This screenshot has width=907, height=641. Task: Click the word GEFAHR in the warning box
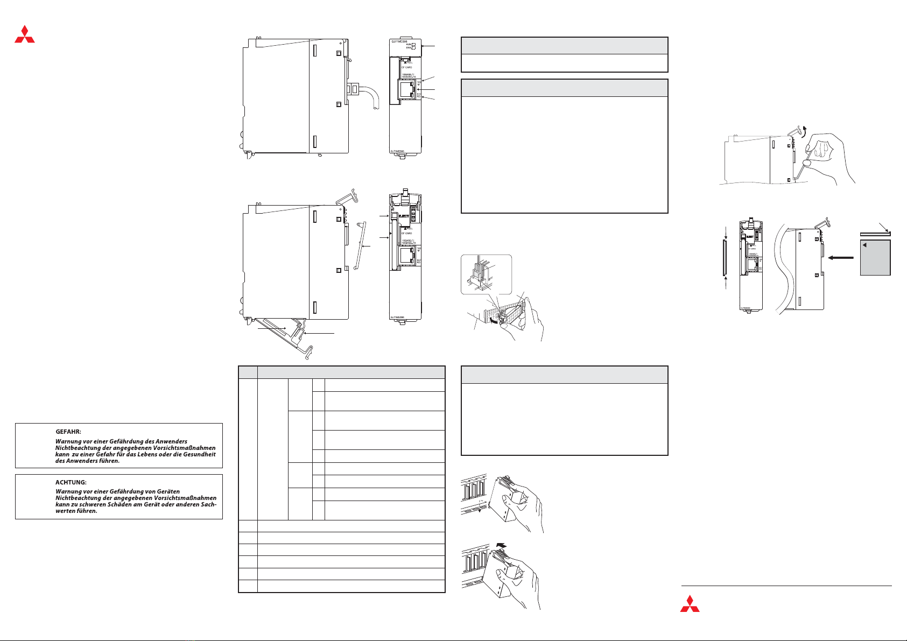(68, 432)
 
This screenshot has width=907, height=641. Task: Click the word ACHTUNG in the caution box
(71, 482)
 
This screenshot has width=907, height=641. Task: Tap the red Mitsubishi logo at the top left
(25, 33)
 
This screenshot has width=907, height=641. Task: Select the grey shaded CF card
(875, 258)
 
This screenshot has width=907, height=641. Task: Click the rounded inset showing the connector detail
(486, 274)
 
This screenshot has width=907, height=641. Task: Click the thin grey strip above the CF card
(875, 234)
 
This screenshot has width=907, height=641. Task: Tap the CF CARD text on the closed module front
(405, 67)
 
